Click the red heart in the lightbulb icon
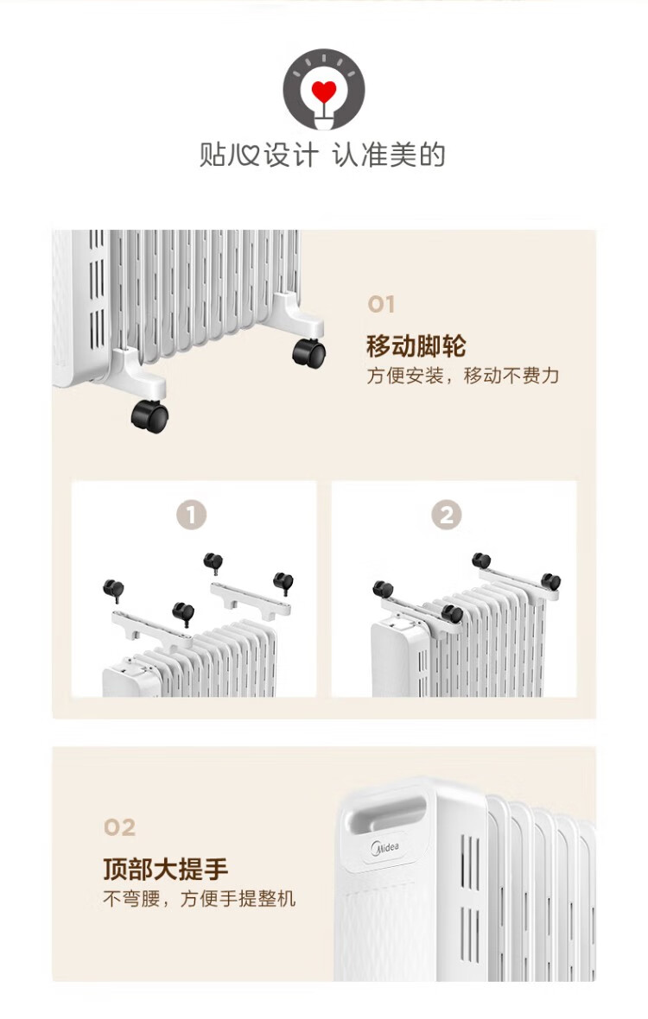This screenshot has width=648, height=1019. pyautogui.click(x=323, y=91)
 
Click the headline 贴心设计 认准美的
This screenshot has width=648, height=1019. pyautogui.click(x=322, y=156)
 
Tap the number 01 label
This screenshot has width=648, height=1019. pyautogui.click(x=381, y=304)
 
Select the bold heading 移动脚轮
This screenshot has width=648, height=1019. pyautogui.click(x=416, y=345)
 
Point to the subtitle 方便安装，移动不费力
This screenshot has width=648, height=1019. pyautogui.click(x=463, y=376)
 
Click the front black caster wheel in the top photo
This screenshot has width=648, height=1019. pyautogui.click(x=150, y=416)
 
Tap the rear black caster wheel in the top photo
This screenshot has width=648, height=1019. pyautogui.click(x=308, y=353)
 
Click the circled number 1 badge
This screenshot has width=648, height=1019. pyautogui.click(x=191, y=515)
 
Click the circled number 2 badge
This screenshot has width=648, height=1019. pyautogui.click(x=447, y=515)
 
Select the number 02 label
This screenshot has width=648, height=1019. pyautogui.click(x=119, y=827)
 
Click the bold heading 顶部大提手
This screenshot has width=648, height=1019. pyautogui.click(x=166, y=869)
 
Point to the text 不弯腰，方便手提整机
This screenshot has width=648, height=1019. pyautogui.click(x=200, y=899)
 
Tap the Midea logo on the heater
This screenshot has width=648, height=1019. pyautogui.click(x=384, y=848)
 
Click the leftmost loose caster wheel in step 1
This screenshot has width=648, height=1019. pyautogui.click(x=114, y=589)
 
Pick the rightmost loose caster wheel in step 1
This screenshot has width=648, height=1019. pyautogui.click(x=283, y=582)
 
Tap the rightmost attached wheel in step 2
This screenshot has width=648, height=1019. pyautogui.click(x=550, y=581)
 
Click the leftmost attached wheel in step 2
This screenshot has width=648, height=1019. pyautogui.click(x=382, y=589)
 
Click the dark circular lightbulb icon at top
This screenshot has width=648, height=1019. pyautogui.click(x=324, y=88)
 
